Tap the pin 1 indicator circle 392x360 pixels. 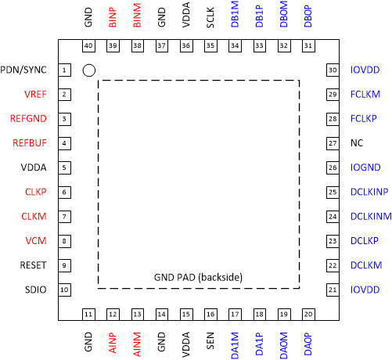click(x=89, y=70)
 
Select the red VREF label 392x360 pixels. click(x=34, y=95)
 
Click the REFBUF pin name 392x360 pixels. click(x=29, y=143)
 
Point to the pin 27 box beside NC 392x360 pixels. click(x=332, y=143)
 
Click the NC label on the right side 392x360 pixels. click(x=358, y=143)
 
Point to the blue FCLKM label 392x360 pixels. click(x=365, y=95)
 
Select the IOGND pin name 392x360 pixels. click(x=365, y=167)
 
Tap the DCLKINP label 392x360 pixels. click(x=370, y=192)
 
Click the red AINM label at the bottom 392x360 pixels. click(x=138, y=341)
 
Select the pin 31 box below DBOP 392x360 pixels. click(x=308, y=46)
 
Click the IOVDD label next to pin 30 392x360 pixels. click(x=365, y=70)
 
